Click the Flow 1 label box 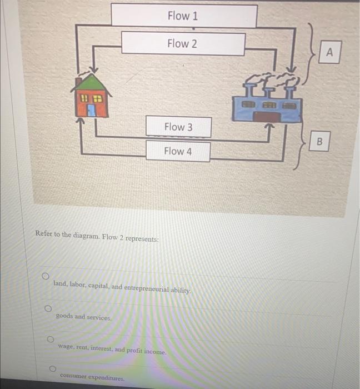coord(184,16)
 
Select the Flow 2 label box coord(183,43)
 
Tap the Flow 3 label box coord(178,127)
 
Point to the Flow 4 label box coord(178,151)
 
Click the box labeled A coord(330,53)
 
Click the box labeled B coord(319,141)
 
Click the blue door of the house coord(91,110)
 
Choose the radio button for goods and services coord(48,307)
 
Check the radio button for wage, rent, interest coord(50,338)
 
